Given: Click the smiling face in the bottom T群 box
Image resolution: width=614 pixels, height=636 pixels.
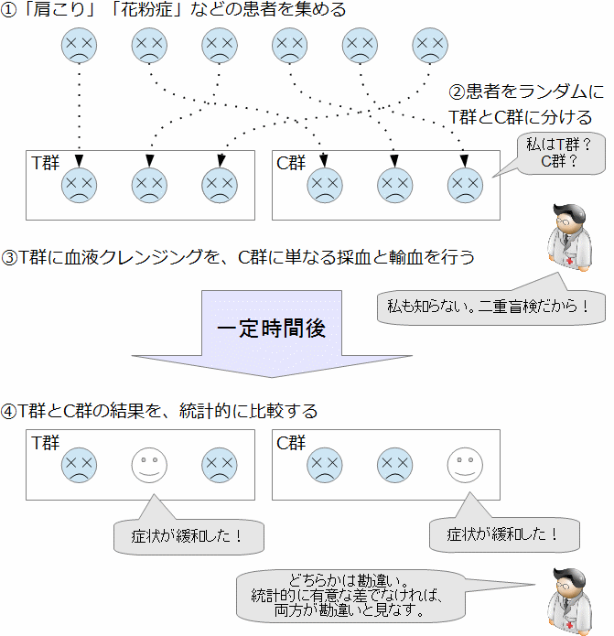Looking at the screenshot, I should point(149,465).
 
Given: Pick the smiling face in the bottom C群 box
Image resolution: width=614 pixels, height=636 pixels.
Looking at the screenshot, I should point(464,465).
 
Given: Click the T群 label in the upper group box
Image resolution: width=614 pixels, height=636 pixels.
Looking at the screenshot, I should point(45,163).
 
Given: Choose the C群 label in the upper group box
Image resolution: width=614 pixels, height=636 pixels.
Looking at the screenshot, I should point(291,163).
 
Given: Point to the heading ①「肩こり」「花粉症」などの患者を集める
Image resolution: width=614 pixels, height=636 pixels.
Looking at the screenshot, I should point(173,12).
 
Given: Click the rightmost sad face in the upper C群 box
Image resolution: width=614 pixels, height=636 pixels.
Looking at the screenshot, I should point(464,186).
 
